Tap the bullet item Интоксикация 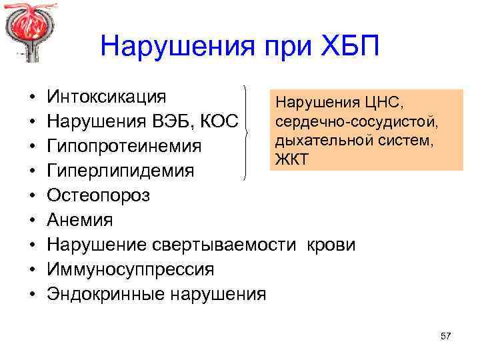(x=107, y=97)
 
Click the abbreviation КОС (x=224, y=121)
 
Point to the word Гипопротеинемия (x=124, y=146)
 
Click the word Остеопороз (x=99, y=195)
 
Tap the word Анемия (x=80, y=220)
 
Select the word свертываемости (x=224, y=245)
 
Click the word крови (x=331, y=245)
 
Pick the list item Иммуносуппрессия (x=131, y=269)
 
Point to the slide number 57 (x=446, y=336)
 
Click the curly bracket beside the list (x=249, y=133)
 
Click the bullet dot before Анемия (x=32, y=221)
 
